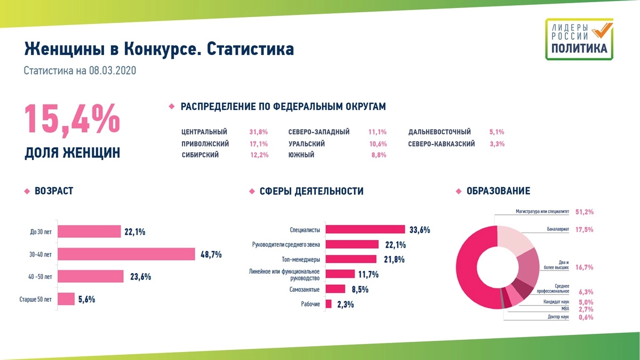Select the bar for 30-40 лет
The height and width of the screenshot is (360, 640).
point(126,254)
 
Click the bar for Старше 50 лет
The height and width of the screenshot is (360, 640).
point(66,299)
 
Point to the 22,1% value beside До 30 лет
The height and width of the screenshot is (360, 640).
point(135,232)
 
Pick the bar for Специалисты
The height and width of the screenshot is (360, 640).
point(365,229)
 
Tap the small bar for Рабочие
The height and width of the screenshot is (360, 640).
point(329,304)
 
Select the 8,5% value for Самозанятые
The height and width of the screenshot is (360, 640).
point(360,290)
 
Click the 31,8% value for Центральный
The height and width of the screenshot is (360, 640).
point(258,132)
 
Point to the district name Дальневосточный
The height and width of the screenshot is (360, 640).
point(439,132)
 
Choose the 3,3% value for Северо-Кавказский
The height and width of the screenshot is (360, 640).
point(497,144)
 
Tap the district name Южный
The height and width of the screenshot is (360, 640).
point(301,155)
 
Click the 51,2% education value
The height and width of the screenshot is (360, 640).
point(585,212)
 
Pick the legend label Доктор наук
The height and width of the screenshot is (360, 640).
point(558,317)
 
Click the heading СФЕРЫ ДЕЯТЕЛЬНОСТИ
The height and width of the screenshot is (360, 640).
point(311,191)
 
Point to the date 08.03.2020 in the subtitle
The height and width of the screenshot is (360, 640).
point(113,70)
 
